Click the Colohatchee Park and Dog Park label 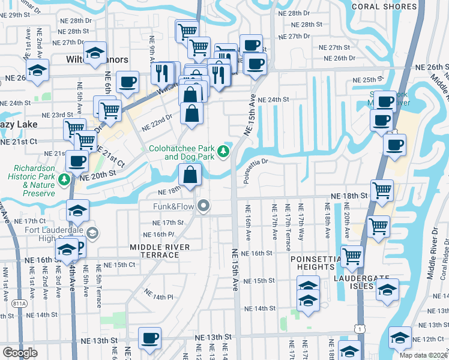[181, 152]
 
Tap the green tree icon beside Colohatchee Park [224, 151]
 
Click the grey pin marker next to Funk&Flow [204, 207]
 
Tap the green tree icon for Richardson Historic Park [64, 179]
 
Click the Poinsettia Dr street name [264, 162]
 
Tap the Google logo [20, 353]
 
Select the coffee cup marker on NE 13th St [149, 338]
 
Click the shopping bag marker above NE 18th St [190, 175]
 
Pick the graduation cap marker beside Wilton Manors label [95, 53]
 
